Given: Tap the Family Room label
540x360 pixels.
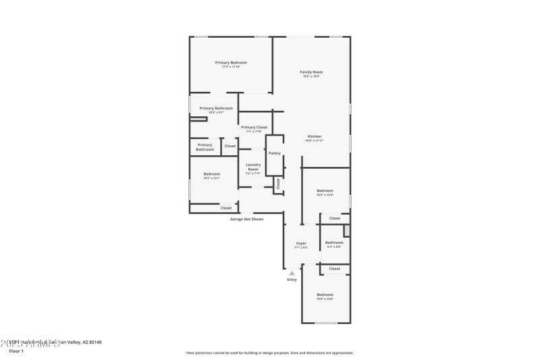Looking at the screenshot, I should coord(311,72).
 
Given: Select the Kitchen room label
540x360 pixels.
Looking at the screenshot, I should coord(315,136).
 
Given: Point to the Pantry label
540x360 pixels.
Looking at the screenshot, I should coord(274,153).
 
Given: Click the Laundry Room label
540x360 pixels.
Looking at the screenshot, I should coord(253,167).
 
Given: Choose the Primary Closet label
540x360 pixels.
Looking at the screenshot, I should coord(254,127).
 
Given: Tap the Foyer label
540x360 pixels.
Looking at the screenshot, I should coord(301,243).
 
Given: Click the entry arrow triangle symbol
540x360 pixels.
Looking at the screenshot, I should coord(292,273).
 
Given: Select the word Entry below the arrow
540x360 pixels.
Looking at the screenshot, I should coord(292,280).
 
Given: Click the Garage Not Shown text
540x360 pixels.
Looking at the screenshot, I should coord(246,219).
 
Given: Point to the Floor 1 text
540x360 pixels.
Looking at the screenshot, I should coord(16,351).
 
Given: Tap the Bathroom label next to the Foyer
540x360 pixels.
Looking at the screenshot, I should coord(334,242).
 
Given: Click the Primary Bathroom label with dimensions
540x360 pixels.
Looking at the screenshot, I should coord(216,108).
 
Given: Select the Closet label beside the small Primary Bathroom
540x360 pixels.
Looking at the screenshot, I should coord(230,146).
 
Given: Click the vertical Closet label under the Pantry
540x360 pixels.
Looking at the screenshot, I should coord(277,183).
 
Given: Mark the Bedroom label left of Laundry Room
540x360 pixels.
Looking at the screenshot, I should coord(212,174).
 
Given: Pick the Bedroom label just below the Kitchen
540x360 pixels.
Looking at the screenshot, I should coord(325,191).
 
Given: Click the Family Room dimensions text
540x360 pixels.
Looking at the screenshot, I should coord(311,76).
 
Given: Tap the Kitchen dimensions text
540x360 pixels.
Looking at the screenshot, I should coord(315,140).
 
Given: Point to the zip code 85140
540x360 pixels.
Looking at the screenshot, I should coord(94,342).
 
